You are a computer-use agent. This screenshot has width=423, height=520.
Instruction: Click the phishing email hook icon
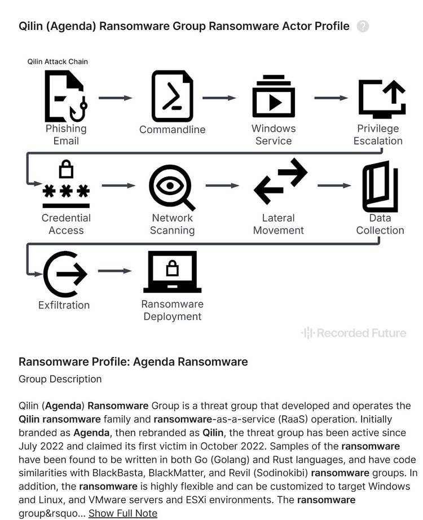66,97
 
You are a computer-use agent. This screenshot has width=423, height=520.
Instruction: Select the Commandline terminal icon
172,97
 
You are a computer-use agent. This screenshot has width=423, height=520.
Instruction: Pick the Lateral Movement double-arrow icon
280,182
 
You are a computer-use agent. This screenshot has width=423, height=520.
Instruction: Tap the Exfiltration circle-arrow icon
65,274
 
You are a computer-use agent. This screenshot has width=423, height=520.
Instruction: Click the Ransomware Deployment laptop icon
173,272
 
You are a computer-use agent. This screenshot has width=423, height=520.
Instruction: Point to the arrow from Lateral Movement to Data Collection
334,186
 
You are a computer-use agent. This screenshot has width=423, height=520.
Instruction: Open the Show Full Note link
123,513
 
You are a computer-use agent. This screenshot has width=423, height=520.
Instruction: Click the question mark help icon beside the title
363,26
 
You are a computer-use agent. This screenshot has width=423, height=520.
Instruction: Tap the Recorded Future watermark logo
354,333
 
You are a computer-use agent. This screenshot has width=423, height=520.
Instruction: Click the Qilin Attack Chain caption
58,61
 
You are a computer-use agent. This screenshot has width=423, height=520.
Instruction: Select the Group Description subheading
60,379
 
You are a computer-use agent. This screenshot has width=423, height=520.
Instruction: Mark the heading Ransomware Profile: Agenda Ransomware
133,362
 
